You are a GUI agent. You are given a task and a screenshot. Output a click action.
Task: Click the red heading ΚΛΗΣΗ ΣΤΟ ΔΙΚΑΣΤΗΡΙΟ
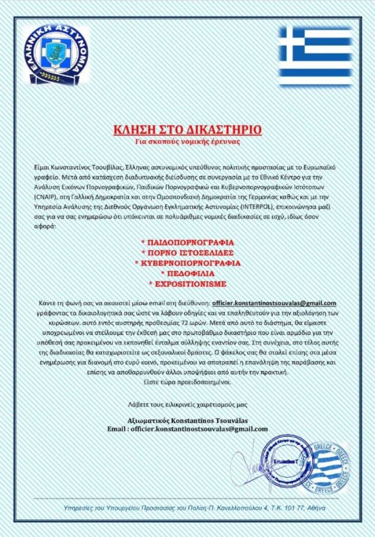187,129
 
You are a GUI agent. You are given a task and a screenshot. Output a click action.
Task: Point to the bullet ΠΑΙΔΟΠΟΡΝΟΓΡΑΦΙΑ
187,241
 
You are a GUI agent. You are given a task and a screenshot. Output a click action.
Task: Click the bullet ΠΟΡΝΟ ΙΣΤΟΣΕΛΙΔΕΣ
187,252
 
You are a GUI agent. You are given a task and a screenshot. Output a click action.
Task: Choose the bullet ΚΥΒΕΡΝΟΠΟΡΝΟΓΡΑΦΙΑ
187,263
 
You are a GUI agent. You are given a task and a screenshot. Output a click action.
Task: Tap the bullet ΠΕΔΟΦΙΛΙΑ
187,273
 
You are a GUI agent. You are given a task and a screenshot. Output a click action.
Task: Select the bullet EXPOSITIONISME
187,284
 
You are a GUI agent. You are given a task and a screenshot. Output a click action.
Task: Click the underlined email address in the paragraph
274,303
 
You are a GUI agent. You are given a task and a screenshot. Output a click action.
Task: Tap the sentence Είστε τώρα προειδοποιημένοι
187,382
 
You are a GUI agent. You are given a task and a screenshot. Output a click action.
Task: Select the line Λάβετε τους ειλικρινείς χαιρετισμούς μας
187,405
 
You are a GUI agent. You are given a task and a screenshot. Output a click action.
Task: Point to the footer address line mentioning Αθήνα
187,508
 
